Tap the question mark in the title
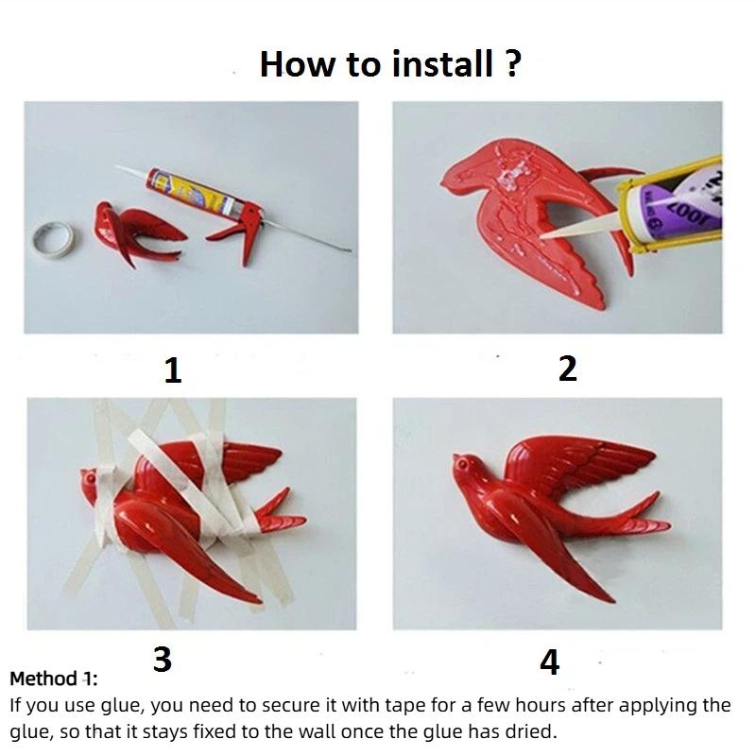[511, 64]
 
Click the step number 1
[172, 370]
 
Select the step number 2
[567, 369]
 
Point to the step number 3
[162, 659]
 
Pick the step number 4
[549, 663]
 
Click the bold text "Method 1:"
[54, 679]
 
